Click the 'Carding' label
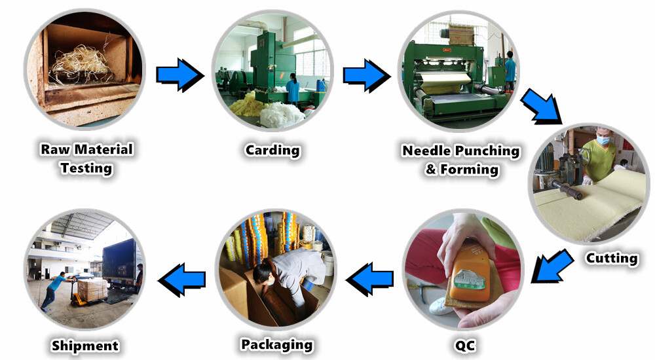tap(272, 151)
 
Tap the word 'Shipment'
tap(84, 346)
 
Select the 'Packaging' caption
tap(276, 344)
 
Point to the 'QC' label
tap(464, 346)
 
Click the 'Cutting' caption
tap(612, 258)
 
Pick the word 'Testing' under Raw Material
tap(86, 168)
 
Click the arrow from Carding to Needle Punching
tap(367, 75)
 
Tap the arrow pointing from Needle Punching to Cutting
tap(542, 106)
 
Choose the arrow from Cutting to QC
tap(552, 266)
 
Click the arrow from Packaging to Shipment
tap(181, 279)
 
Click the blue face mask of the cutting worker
tap(603, 140)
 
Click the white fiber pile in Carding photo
tap(282, 114)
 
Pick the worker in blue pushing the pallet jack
tap(54, 291)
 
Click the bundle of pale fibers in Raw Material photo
tap(81, 65)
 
